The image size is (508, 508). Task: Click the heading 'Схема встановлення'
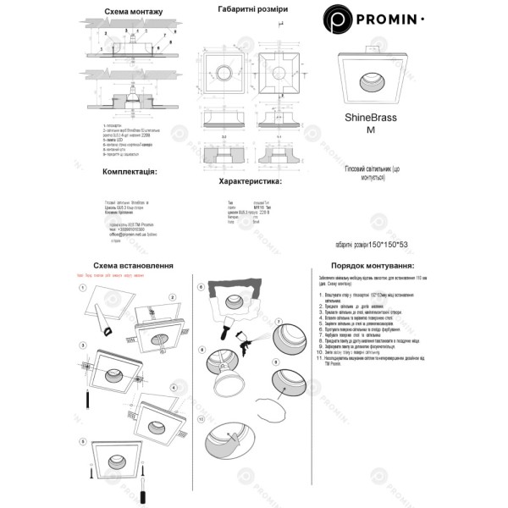click(129, 265)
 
